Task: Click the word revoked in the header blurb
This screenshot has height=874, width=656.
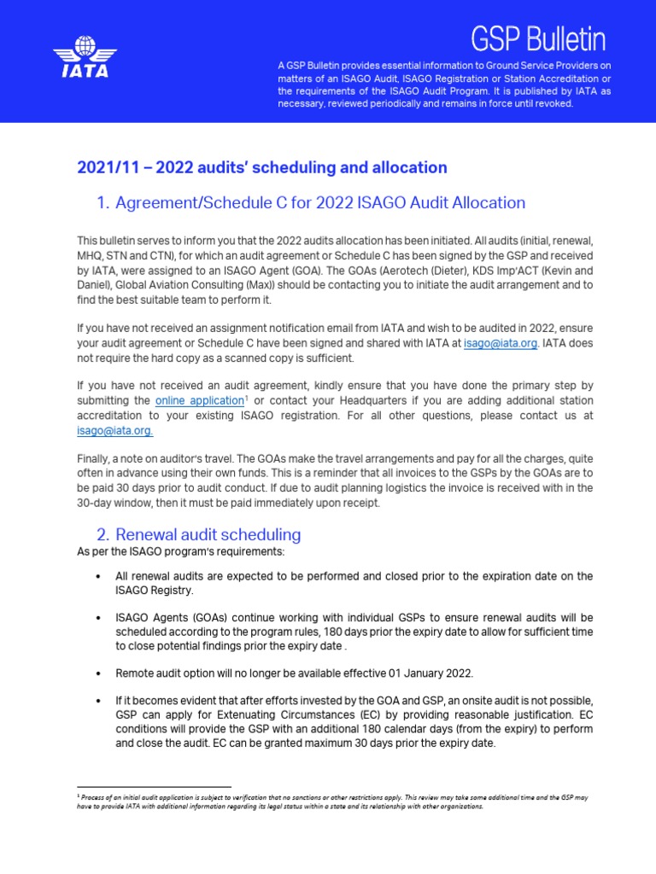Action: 552,103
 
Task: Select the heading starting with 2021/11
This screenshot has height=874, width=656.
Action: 262,167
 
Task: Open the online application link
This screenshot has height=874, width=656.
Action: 199,400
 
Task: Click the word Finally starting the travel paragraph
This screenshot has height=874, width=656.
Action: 95,457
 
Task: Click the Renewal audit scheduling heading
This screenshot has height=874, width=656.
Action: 208,535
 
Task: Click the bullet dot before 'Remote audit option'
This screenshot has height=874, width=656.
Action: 102,672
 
